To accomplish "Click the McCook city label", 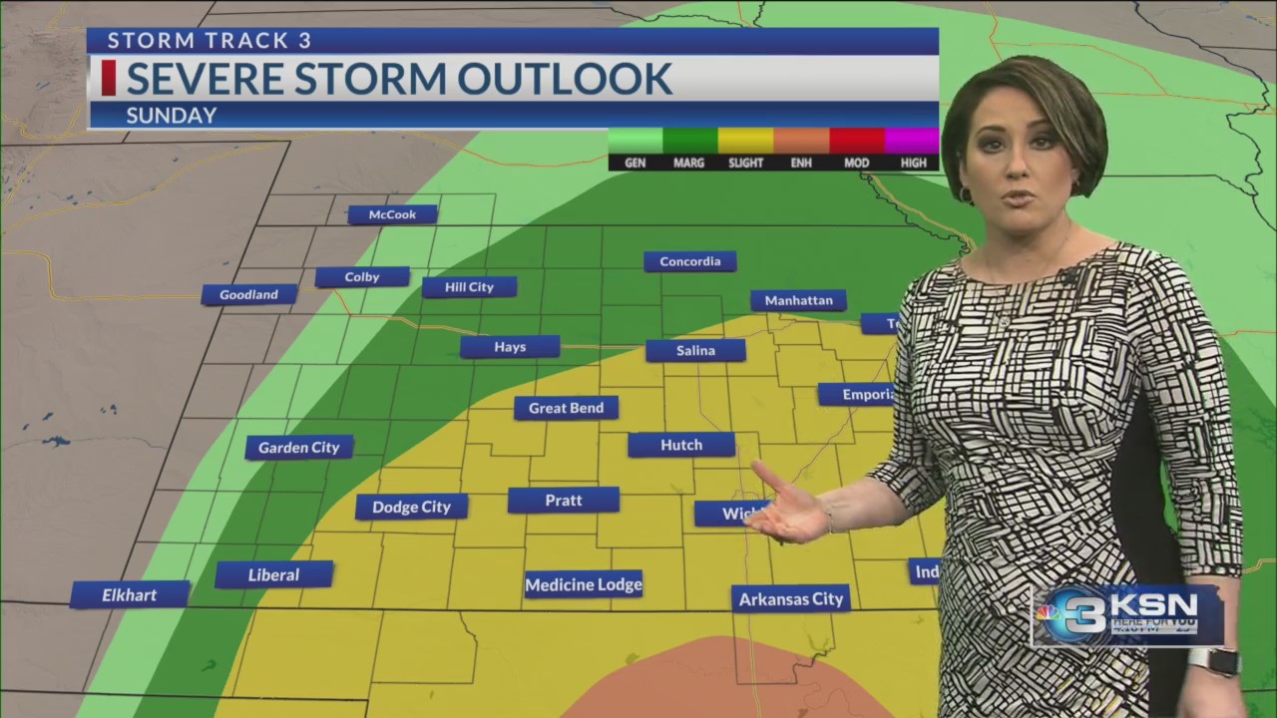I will (x=392, y=214).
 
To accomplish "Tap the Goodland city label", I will (x=248, y=294).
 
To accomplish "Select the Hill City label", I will (x=469, y=287).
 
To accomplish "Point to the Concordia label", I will (x=689, y=261).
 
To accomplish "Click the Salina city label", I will (x=695, y=350).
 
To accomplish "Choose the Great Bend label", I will (x=566, y=408).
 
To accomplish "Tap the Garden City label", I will (x=299, y=448).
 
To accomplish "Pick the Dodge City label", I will (x=411, y=507).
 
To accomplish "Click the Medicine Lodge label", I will (x=584, y=584).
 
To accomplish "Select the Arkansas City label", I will (x=790, y=598).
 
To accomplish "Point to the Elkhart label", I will (x=130, y=595).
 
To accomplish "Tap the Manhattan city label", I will (x=798, y=300).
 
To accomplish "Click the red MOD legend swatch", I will (x=857, y=141).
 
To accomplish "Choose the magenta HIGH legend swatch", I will (x=912, y=141).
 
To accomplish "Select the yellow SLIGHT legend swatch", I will (x=745, y=141).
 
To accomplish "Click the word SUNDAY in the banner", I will (x=172, y=116).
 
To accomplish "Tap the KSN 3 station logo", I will (x=1126, y=614).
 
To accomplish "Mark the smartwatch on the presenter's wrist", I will (x=1213, y=660).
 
